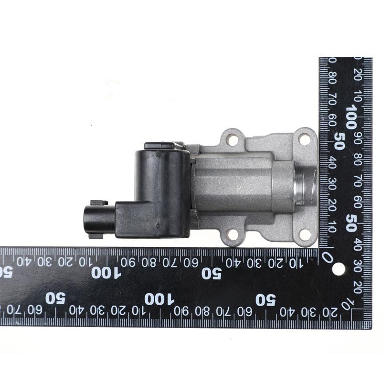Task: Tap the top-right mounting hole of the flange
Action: (304, 139)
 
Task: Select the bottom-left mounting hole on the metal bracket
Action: (233, 235)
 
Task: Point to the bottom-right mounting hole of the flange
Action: (305, 235)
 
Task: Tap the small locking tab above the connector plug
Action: (99, 202)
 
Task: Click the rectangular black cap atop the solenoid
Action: (160, 146)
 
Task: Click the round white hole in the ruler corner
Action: (338, 269)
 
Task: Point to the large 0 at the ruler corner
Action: (327, 257)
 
